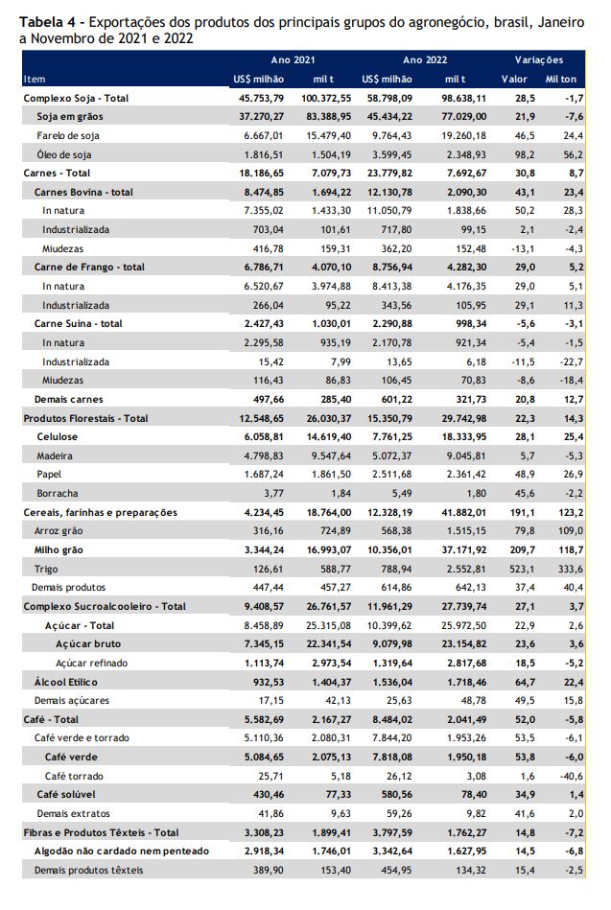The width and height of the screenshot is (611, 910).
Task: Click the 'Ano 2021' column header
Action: [x=293, y=59]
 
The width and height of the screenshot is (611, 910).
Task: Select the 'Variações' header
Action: [x=539, y=59]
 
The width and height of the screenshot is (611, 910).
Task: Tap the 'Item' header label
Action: [x=35, y=79]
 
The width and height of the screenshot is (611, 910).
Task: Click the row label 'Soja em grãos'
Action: [x=70, y=117]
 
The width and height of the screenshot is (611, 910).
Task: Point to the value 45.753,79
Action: [x=261, y=98]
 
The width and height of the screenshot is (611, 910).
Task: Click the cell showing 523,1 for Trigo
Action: [x=525, y=569]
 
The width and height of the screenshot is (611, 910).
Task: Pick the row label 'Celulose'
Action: [x=57, y=437]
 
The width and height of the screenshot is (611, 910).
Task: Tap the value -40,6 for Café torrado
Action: [x=573, y=776]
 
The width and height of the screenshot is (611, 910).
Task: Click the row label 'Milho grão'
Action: [x=59, y=549]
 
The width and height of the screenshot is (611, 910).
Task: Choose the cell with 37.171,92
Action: [x=464, y=549]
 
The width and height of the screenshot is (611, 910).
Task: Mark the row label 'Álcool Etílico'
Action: [x=65, y=682]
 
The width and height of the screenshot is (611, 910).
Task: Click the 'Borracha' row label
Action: [x=57, y=493]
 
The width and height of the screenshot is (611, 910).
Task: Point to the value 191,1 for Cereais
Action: [x=525, y=512]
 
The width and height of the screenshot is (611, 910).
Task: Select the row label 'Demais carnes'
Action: [x=68, y=399]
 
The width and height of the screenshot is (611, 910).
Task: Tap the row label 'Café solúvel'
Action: [x=66, y=795]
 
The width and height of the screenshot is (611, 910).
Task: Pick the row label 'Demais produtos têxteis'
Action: [x=89, y=870]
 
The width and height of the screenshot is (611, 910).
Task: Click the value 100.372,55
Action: [x=326, y=98]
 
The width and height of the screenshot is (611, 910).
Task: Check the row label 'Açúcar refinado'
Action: [x=92, y=663]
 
